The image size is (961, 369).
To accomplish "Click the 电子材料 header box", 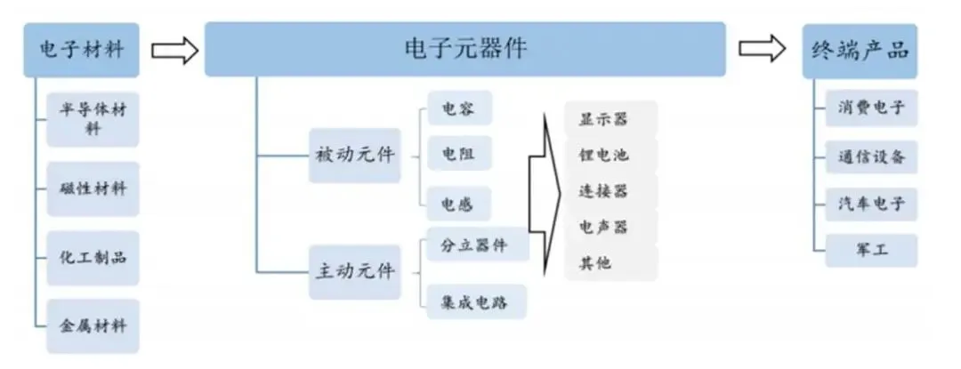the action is (x=81, y=49).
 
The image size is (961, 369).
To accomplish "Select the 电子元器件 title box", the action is (x=464, y=49).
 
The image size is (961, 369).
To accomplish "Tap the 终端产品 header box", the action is (x=860, y=49).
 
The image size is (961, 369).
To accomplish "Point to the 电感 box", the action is (x=459, y=205).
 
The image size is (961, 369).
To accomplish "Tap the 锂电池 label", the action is (x=610, y=154).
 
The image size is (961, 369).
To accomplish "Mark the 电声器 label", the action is (x=610, y=227).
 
